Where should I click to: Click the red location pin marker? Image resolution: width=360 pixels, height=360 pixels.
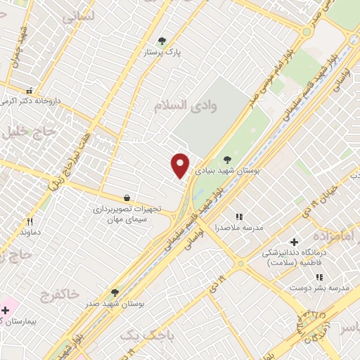(180, 166)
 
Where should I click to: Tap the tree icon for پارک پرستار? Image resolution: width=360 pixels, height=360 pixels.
(163, 41)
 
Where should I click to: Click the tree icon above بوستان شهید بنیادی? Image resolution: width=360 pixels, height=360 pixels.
(227, 160)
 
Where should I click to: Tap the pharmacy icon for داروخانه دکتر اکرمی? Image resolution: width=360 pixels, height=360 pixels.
(30, 91)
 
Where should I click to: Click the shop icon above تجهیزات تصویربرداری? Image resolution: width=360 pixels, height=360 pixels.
(127, 199)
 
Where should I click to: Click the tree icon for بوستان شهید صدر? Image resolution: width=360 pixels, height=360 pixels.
(115, 292)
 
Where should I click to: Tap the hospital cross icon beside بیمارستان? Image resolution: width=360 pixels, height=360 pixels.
(6, 309)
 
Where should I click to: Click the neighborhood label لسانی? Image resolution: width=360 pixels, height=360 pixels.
(78, 18)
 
